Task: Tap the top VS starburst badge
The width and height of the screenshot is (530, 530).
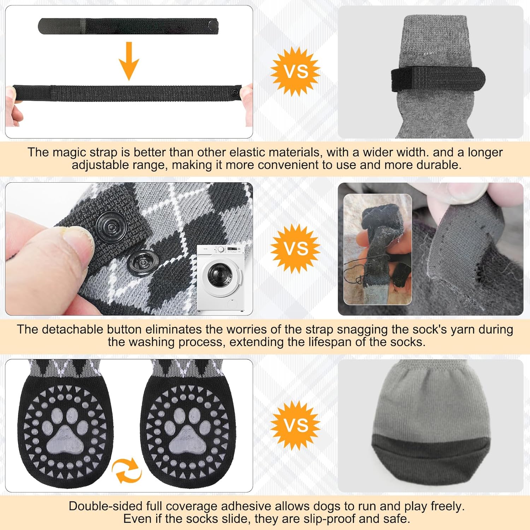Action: coord(295,72)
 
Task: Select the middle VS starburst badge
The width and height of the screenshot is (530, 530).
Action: coord(295,248)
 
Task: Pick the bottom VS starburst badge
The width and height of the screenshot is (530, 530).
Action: coord(295,425)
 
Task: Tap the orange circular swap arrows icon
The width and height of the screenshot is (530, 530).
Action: coord(126,470)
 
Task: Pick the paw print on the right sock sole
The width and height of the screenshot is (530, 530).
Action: coord(188,431)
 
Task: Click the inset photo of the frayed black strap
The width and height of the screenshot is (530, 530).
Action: coord(378,249)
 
